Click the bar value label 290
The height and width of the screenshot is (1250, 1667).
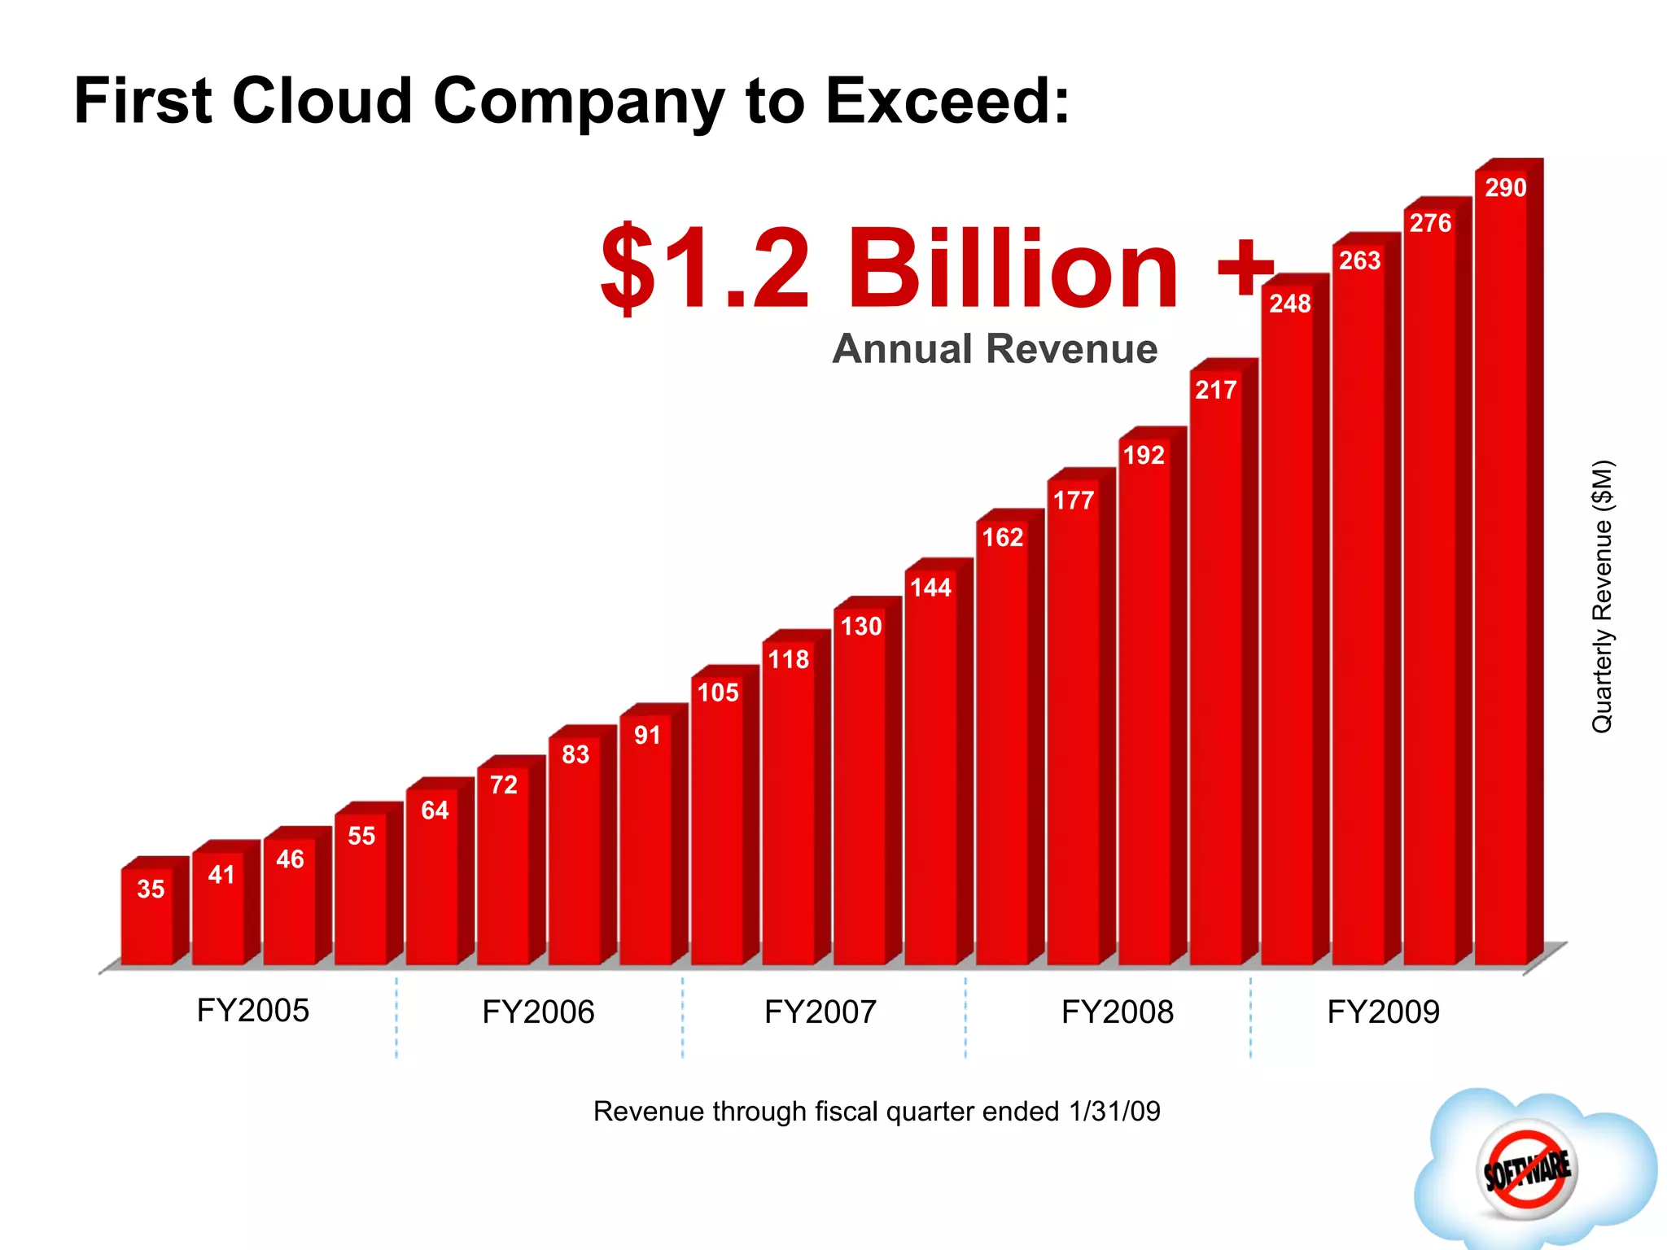(1505, 188)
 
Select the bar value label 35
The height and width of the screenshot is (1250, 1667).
(151, 889)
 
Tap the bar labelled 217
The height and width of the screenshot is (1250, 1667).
(1216, 667)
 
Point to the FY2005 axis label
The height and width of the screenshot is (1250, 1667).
(253, 1011)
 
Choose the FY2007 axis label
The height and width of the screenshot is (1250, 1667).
(820, 1012)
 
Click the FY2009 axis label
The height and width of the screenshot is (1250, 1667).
(1383, 1012)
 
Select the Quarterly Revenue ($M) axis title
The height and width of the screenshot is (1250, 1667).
(1602, 597)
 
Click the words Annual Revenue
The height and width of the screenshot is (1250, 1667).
(995, 349)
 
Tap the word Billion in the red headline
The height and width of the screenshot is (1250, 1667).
(1013, 269)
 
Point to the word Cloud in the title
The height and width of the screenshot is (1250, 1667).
(322, 101)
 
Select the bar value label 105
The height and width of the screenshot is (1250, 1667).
(718, 693)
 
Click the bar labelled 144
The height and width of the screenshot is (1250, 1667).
(931, 773)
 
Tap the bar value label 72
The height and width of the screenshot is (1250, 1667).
(504, 785)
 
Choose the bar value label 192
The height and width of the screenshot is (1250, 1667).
(1144, 455)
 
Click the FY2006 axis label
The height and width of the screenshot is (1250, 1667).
(538, 1012)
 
